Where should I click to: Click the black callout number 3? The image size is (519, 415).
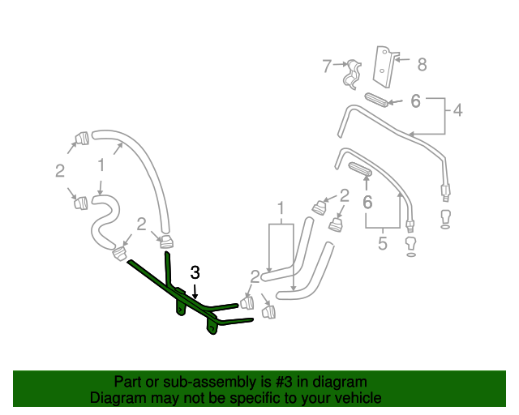[x=195, y=272]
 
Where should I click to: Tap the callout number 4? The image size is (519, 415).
[x=457, y=109]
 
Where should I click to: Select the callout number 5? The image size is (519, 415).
[x=383, y=243]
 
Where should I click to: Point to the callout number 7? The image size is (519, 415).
[x=327, y=66]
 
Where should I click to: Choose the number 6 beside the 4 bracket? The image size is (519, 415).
[x=415, y=101]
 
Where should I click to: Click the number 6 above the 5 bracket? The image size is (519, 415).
[x=367, y=202]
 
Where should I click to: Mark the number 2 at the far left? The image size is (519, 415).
[x=59, y=170]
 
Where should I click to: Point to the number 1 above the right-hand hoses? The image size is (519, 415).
[x=281, y=207]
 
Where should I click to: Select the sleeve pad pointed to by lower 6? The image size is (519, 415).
[x=360, y=169]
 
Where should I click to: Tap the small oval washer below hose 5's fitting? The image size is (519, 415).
[x=410, y=255]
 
